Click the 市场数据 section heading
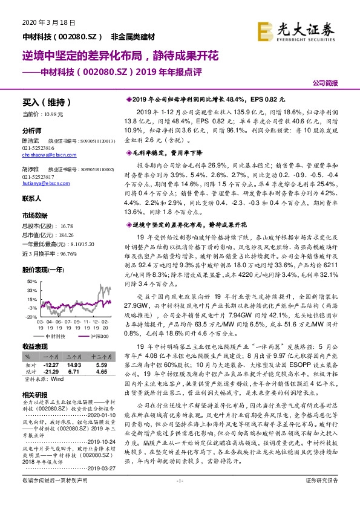pos(34,215)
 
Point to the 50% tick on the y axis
pos(32,265)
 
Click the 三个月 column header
pos(74,357)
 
